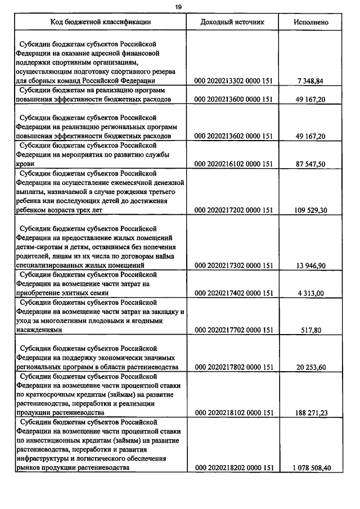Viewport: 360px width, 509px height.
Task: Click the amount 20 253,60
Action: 311,367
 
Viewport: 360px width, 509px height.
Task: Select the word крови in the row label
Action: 25,164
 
